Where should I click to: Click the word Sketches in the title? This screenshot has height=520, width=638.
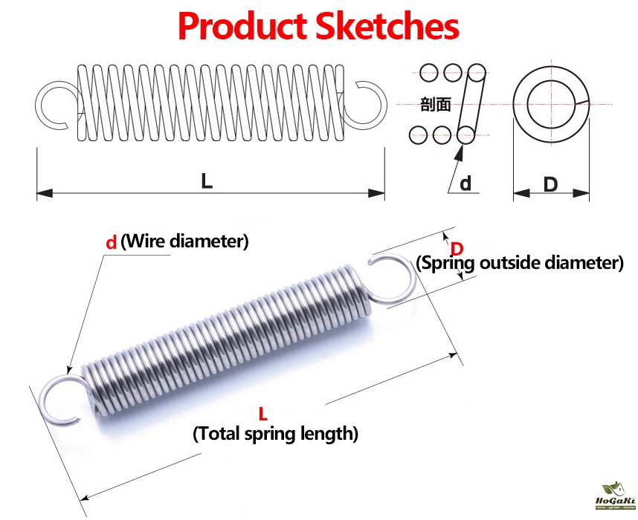[387, 26]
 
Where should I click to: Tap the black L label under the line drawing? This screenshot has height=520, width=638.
[207, 180]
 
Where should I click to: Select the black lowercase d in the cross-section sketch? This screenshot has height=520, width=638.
[465, 183]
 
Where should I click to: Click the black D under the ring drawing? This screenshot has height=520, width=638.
[550, 183]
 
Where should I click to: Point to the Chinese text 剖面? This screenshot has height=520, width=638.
[435, 104]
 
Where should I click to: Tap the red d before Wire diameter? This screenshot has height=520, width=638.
[111, 241]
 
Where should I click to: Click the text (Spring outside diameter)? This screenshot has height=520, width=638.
[519, 263]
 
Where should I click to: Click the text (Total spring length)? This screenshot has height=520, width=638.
[275, 433]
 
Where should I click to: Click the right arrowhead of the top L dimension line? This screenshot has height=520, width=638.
[378, 193]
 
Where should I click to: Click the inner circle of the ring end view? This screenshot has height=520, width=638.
[550, 103]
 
